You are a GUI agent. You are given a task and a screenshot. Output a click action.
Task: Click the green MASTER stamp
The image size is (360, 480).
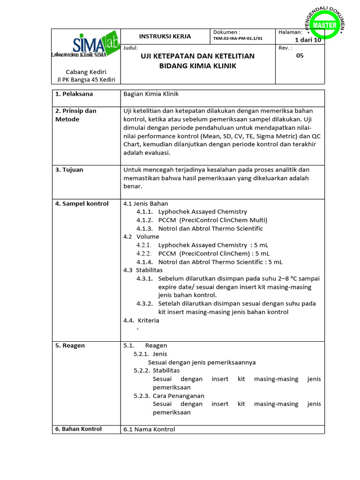tap(324, 25)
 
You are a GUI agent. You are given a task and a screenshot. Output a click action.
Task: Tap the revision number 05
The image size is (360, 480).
tap(300, 55)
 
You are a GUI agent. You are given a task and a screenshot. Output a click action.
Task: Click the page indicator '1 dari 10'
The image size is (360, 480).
tap(308, 40)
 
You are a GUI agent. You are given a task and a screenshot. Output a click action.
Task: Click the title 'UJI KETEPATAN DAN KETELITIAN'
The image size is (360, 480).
tap(197, 56)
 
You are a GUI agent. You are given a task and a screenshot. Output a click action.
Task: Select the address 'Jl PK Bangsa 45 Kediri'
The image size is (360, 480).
tap(86, 80)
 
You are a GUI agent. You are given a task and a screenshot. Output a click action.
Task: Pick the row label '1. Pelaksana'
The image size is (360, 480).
tap(74, 94)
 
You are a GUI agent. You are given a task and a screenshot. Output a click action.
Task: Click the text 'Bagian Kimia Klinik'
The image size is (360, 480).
tap(151, 94)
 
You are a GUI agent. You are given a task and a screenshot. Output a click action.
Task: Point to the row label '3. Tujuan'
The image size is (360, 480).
tap(69, 170)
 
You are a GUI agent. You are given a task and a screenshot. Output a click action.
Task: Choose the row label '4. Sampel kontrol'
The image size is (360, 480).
tap(82, 203)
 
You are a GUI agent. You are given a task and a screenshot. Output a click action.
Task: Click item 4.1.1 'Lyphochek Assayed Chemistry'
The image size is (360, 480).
tap(202, 212)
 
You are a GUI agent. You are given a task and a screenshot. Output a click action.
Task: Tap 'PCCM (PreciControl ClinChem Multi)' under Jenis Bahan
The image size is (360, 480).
tap(212, 220)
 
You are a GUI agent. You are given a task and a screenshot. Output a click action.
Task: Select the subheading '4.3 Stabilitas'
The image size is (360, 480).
tap(143, 270)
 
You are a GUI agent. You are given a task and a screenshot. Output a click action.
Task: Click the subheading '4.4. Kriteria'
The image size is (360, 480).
tap(141, 321)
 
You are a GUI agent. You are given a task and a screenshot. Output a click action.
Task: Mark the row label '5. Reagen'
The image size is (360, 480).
tap(70, 345)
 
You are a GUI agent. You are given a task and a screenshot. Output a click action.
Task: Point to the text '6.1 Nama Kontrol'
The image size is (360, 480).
tap(149, 429)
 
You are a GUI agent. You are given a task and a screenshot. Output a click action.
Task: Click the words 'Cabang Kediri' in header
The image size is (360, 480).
tap(86, 72)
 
